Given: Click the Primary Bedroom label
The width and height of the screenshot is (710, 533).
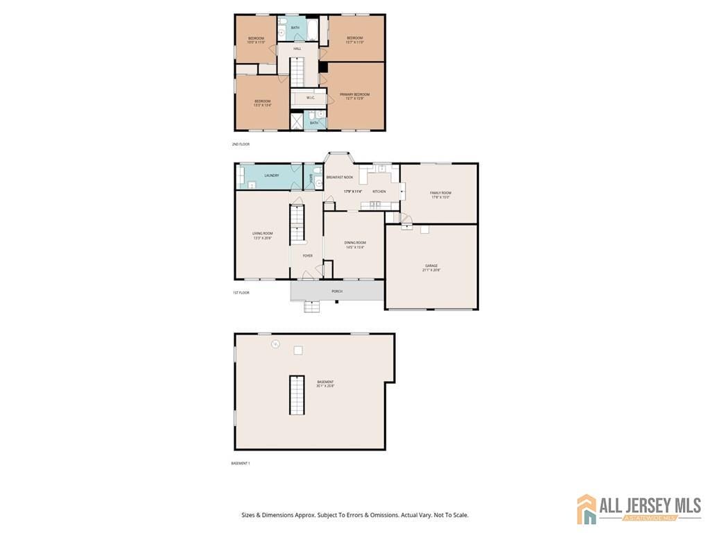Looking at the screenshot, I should pyautogui.click(x=354, y=94).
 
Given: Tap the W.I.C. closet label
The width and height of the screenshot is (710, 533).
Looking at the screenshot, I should pyautogui.click(x=312, y=98).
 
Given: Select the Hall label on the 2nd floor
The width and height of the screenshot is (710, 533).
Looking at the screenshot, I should pyautogui.click(x=297, y=49).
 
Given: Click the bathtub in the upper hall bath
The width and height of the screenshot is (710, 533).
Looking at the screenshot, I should pyautogui.click(x=312, y=29).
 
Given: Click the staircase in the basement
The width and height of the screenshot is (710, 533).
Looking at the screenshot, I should pyautogui.click(x=297, y=394).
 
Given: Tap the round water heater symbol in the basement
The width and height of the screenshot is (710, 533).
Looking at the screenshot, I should pyautogui.click(x=275, y=344).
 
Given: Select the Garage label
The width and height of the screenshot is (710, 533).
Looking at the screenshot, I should pyautogui.click(x=432, y=265).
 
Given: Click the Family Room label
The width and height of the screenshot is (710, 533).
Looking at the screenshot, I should pyautogui.click(x=440, y=193).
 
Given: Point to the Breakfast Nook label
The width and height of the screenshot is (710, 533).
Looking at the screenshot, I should pyautogui.click(x=340, y=177).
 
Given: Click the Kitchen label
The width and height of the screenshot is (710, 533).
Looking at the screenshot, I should pyautogui.click(x=379, y=191).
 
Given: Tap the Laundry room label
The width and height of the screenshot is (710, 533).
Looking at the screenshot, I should pyautogui.click(x=271, y=175).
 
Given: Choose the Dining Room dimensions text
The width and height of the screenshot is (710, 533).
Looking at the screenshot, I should pyautogui.click(x=355, y=247).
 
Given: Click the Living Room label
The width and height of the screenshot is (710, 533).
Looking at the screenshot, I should pyautogui.click(x=262, y=233).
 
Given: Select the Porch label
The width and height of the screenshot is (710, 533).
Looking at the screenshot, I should pyautogui.click(x=337, y=291).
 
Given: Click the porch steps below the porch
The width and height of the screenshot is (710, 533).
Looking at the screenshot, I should pyautogui.click(x=312, y=306).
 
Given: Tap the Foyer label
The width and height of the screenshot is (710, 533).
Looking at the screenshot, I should pyautogui.click(x=307, y=255).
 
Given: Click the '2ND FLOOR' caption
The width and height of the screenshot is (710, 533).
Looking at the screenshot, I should pyautogui.click(x=241, y=144).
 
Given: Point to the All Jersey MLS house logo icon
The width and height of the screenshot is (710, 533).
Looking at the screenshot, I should pyautogui.click(x=587, y=509).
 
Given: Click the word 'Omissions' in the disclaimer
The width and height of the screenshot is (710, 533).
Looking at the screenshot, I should pyautogui.click(x=380, y=515).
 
